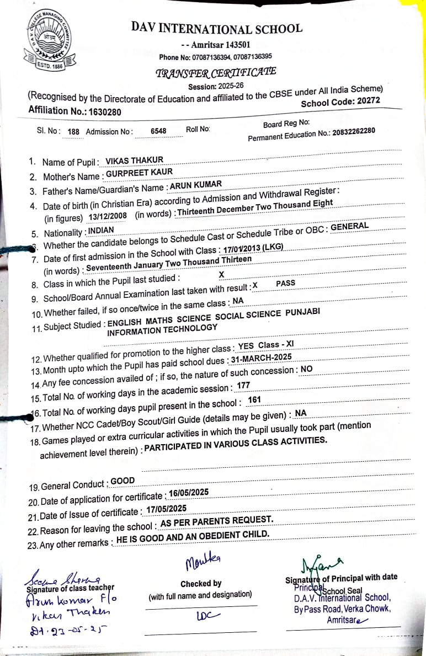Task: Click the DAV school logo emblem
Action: point(46,42)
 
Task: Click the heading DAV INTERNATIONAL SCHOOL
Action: point(216,29)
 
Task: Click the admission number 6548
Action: point(158,131)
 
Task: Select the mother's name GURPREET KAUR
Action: point(139,173)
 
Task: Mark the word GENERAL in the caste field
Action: point(349,226)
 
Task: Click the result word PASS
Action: point(285,283)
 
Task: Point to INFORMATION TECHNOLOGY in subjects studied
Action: point(162,329)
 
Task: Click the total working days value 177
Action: point(243,385)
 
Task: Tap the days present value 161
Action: point(254,400)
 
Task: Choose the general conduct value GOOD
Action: point(123,481)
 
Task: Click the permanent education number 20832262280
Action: point(354,131)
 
